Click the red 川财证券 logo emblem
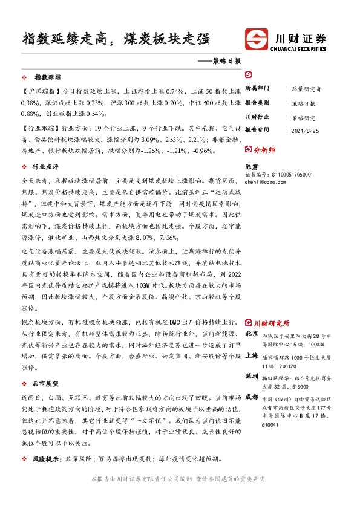[255, 39]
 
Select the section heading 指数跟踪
[48, 78]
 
